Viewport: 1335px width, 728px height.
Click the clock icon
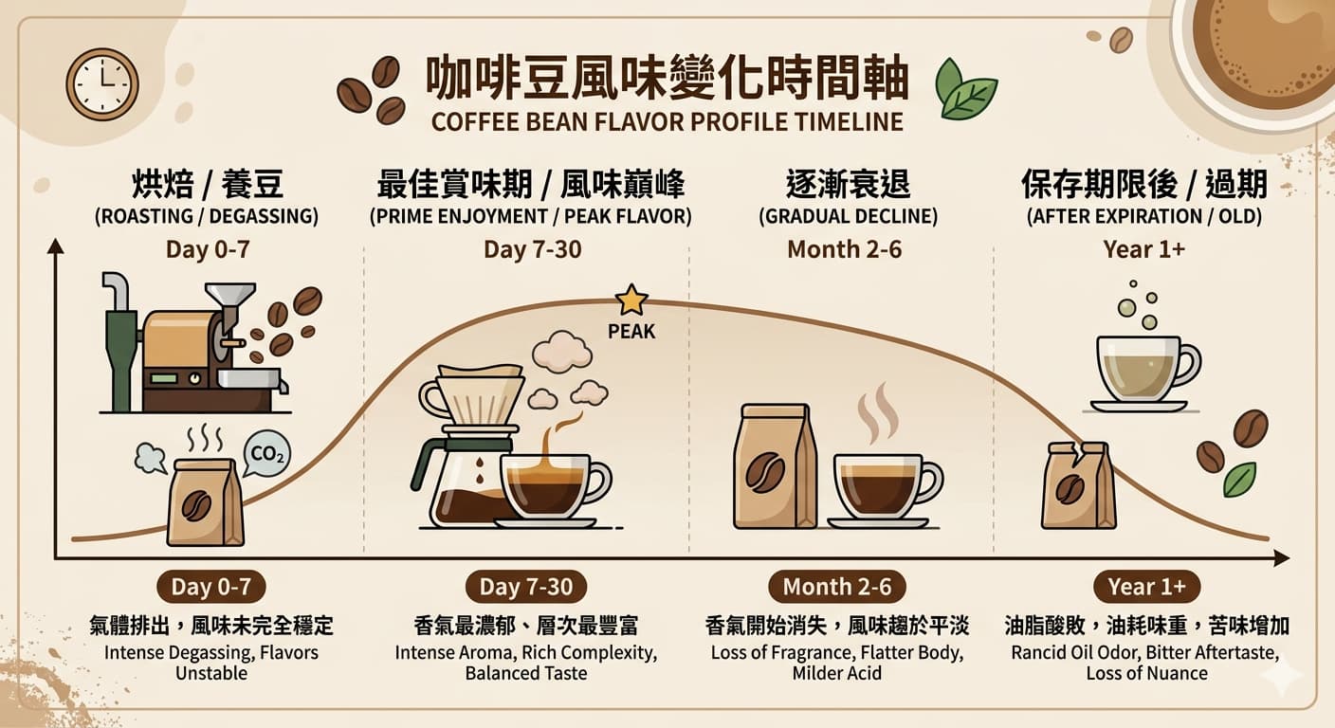tap(102, 84)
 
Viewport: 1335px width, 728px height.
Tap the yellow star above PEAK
tap(631, 300)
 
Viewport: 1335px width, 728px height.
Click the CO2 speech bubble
tap(266, 455)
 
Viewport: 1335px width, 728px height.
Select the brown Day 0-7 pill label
tap(210, 587)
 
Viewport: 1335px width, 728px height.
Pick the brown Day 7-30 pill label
tap(525, 587)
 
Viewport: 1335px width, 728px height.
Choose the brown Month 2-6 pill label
tap(836, 587)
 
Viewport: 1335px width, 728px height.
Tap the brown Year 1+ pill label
tap(1146, 587)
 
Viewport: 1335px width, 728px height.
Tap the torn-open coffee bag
tap(1078, 485)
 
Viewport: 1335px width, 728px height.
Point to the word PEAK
tap(631, 332)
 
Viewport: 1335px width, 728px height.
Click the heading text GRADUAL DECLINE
tap(848, 216)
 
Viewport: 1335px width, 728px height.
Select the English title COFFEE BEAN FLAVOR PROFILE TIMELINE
tap(667, 121)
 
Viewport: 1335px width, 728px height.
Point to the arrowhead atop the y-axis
tap(55, 247)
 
